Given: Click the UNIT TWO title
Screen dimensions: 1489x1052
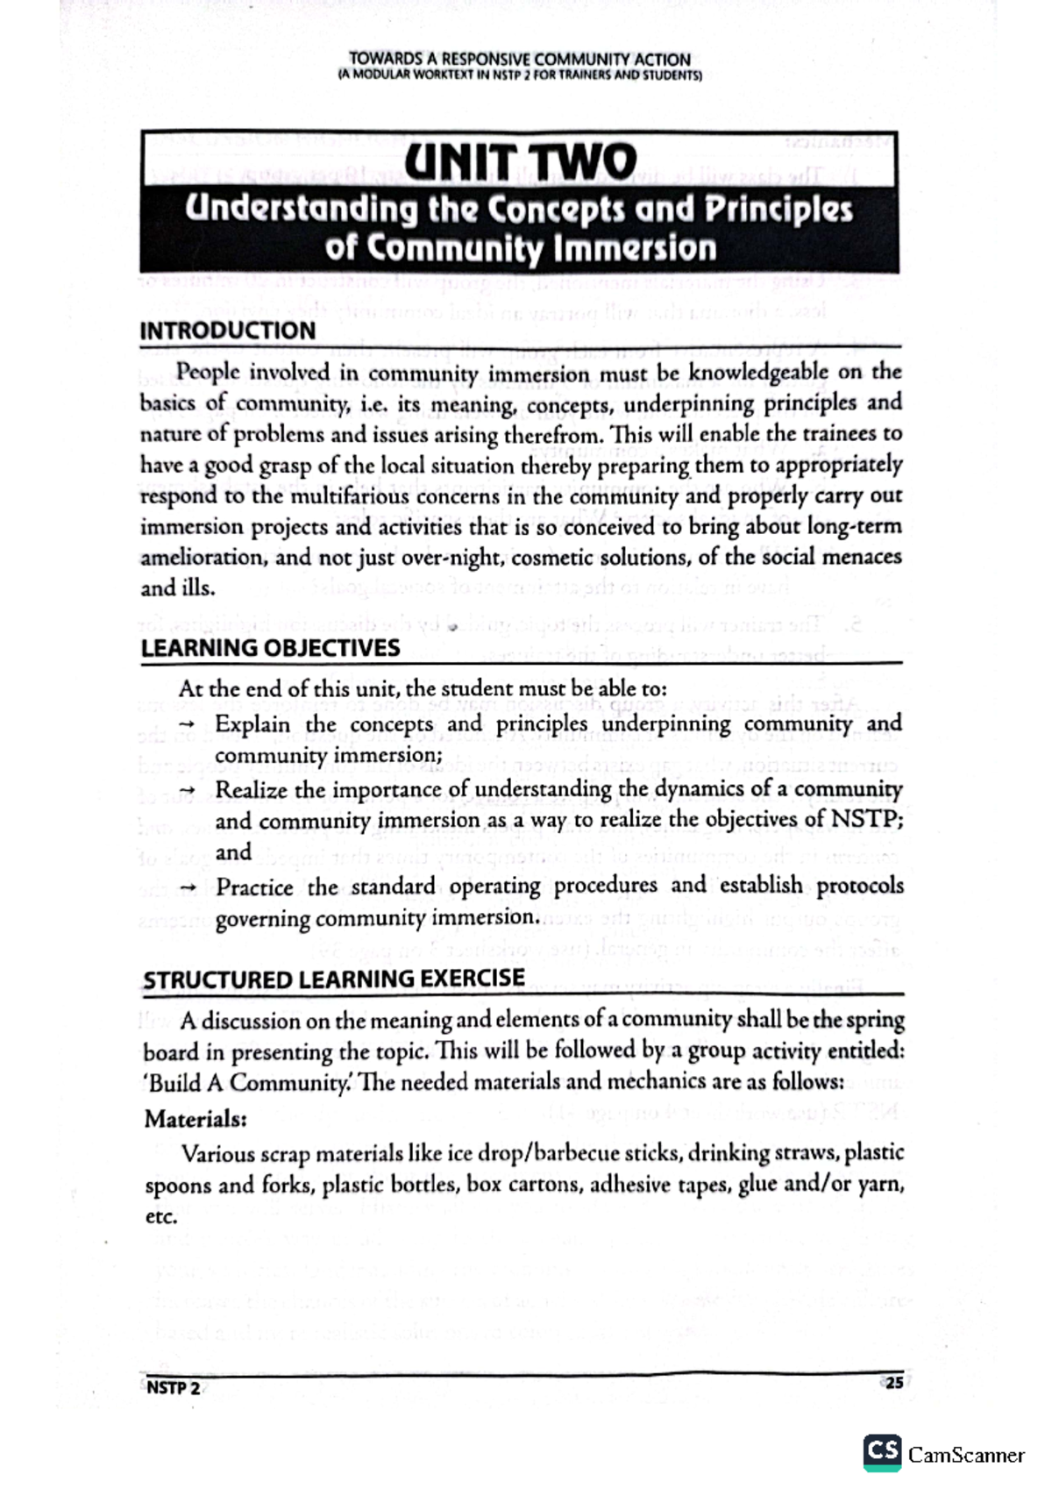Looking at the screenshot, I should pyautogui.click(x=519, y=163).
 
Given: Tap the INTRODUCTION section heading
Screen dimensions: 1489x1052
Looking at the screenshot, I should pyautogui.click(x=228, y=331).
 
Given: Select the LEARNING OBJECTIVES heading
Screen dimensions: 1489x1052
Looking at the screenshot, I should pyautogui.click(x=270, y=648).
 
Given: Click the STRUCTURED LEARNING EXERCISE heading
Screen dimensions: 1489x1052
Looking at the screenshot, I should pyautogui.click(x=334, y=979).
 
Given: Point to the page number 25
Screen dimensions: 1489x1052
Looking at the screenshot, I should pyautogui.click(x=893, y=1384).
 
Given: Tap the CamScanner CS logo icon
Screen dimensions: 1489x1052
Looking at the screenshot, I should pyautogui.click(x=882, y=1454).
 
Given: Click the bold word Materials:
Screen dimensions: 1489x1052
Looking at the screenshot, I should pyautogui.click(x=195, y=1120).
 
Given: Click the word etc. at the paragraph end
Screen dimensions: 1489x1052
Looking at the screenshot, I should pyautogui.click(x=160, y=1217).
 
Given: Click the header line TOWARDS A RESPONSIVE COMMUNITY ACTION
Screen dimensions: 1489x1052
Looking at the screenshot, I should pyautogui.click(x=519, y=60).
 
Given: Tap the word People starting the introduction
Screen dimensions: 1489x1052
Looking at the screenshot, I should pyautogui.click(x=209, y=372).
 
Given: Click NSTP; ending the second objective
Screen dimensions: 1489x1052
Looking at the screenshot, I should pyautogui.click(x=866, y=821).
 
